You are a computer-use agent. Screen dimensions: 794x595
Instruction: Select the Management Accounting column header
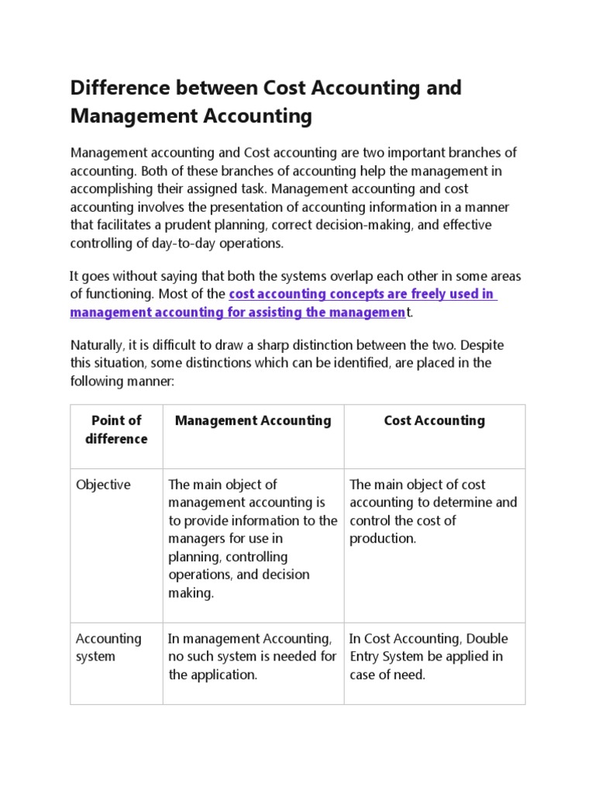pos(253,421)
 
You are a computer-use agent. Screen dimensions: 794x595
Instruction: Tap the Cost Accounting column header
pos(434,421)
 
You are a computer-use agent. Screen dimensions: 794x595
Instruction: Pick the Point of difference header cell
pos(116,430)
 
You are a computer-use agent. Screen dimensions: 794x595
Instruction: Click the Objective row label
pos(103,485)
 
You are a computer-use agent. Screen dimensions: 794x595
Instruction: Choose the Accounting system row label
pos(108,647)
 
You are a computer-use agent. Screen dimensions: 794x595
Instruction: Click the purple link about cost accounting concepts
pos(284,304)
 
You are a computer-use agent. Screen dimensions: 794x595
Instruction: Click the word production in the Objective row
pos(382,538)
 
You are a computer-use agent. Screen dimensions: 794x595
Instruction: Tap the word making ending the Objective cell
pos(190,592)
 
